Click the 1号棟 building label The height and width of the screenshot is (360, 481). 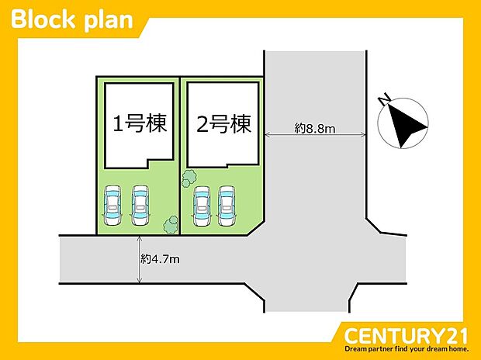click(x=140, y=123)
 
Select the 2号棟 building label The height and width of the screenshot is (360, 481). click(x=223, y=124)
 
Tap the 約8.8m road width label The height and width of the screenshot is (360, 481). click(x=315, y=128)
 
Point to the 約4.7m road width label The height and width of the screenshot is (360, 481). click(x=160, y=259)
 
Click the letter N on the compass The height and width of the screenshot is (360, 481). click(x=384, y=100)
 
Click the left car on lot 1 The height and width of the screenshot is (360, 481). click(x=112, y=205)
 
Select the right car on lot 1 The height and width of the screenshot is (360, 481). click(x=140, y=205)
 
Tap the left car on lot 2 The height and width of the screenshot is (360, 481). click(x=202, y=206)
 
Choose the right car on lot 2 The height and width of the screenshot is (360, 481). click(x=227, y=206)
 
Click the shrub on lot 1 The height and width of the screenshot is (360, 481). click(x=171, y=225)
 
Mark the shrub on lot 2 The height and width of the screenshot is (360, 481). click(x=189, y=178)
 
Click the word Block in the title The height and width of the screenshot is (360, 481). click(x=43, y=19)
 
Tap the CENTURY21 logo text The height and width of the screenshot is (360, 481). click(x=406, y=336)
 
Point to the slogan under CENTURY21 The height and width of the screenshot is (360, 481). click(x=407, y=349)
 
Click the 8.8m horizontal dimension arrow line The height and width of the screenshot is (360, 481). click(x=315, y=134)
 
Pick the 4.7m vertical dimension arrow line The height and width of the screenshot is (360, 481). click(x=140, y=259)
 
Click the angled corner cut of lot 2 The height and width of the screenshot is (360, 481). click(x=256, y=228)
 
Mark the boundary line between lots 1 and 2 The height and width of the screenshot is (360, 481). click(x=180, y=156)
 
